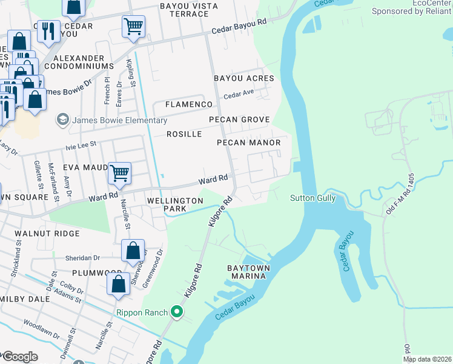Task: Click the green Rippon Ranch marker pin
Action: click(x=177, y=312)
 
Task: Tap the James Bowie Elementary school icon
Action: click(x=62, y=120)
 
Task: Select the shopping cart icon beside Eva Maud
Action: click(x=119, y=173)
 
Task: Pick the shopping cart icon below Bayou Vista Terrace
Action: click(x=133, y=26)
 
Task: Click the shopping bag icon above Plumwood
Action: click(x=133, y=250)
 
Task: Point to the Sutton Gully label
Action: click(x=312, y=198)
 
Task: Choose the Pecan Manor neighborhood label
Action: click(x=249, y=143)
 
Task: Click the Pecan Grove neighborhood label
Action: click(x=239, y=120)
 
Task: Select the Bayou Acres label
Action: click(x=244, y=78)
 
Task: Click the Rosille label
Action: click(x=184, y=134)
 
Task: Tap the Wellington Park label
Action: click(x=175, y=204)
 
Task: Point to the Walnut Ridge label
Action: click(x=47, y=233)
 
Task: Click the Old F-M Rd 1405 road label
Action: click(x=400, y=194)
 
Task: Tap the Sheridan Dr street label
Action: click(x=83, y=258)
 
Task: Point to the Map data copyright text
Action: click(x=427, y=359)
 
